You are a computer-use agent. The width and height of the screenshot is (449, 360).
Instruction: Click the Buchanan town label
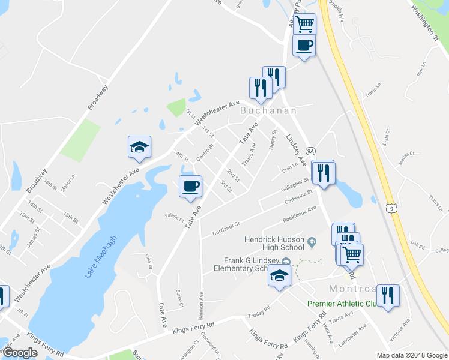(268, 111)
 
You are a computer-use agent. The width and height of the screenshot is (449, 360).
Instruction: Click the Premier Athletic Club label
(341, 304)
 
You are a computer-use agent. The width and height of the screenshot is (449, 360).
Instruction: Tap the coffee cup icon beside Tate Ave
(191, 186)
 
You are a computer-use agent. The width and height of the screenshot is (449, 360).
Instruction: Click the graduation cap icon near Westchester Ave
(139, 147)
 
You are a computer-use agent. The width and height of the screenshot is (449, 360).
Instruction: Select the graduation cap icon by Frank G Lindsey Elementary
(280, 274)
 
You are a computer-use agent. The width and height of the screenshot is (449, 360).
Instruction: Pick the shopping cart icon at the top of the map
(305, 24)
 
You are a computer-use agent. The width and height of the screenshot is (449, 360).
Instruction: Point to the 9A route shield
(310, 151)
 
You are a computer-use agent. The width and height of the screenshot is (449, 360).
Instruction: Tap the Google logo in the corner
(20, 353)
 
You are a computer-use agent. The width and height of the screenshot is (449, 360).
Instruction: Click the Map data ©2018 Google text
(412, 355)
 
